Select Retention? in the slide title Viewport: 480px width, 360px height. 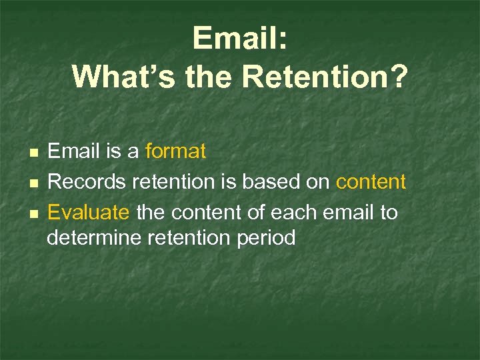click(x=325, y=77)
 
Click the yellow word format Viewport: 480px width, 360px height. click(x=176, y=152)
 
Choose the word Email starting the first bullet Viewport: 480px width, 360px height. click(x=73, y=152)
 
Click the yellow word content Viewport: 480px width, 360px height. click(x=371, y=182)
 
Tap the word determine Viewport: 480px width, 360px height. click(x=93, y=238)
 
